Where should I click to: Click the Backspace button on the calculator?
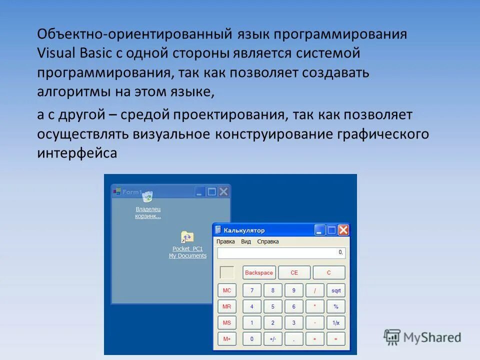coord(259,272)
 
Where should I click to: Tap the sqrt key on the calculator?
coord(335,290)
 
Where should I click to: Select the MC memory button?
coord(227,290)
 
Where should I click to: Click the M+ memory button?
coord(227,339)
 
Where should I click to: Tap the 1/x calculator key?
coord(335,323)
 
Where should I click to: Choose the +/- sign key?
coord(272,339)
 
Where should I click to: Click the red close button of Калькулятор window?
coord(343,230)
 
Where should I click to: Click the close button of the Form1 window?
coord(223,191)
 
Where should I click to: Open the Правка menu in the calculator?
coord(225,241)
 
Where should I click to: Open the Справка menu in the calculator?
coord(268,241)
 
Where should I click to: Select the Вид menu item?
coord(246,241)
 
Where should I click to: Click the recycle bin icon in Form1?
coord(147,196)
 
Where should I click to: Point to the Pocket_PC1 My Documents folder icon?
coord(187,237)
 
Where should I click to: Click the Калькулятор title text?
coord(244,230)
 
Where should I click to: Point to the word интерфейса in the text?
coord(76,153)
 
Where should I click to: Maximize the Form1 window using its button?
coord(212,191)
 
